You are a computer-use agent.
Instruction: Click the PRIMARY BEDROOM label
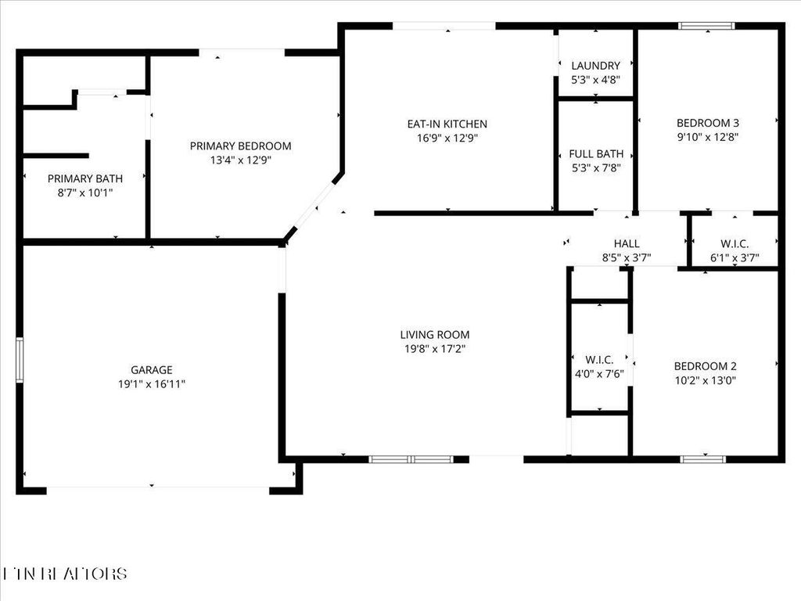click(x=241, y=146)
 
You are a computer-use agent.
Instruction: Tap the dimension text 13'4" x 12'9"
click(x=241, y=160)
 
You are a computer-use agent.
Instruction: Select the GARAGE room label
click(x=152, y=369)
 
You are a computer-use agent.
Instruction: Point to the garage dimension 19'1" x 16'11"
click(x=152, y=383)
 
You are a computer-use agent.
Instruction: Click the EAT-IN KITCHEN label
click(x=447, y=124)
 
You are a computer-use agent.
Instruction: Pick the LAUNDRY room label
click(x=595, y=66)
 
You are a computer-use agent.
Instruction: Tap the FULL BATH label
click(x=596, y=153)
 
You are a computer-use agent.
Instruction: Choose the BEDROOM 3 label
click(x=708, y=122)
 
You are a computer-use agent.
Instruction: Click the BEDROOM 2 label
click(x=706, y=366)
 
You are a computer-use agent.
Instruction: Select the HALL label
click(x=627, y=243)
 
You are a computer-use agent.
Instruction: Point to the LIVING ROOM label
click(x=435, y=334)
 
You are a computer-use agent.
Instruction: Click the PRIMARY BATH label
click(x=85, y=178)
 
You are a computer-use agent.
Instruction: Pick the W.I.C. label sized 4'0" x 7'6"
click(x=598, y=359)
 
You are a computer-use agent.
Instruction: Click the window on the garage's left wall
click(x=20, y=359)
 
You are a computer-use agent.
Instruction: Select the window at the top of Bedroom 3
click(x=706, y=26)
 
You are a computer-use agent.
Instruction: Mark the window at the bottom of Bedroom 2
click(x=704, y=459)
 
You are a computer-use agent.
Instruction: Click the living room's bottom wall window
click(x=411, y=459)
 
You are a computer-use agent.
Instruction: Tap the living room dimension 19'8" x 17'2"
click(x=435, y=348)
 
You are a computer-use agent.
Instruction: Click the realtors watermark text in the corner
click(x=66, y=574)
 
